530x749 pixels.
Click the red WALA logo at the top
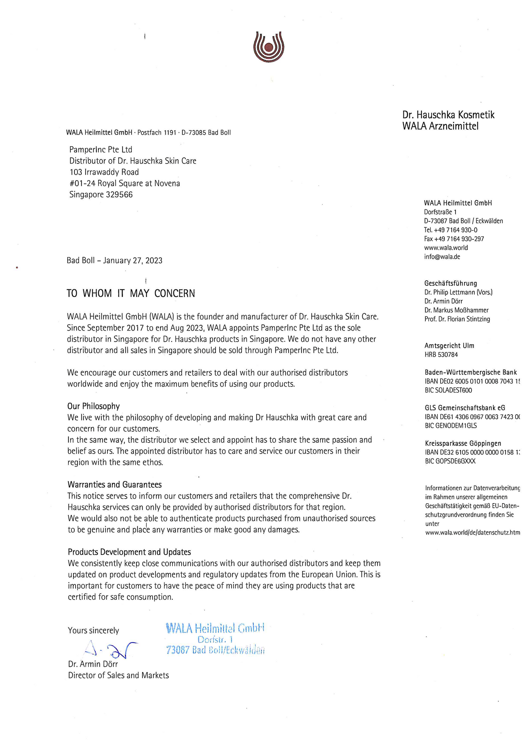269,47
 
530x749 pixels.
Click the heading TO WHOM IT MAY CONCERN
131,293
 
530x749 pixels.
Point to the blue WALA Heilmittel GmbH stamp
215,639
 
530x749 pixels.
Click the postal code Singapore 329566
101,195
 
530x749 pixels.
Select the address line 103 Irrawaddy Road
104,172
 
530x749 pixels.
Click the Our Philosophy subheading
94,406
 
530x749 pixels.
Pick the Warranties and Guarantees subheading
114,485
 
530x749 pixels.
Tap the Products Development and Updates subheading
129,552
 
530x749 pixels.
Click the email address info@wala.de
442,257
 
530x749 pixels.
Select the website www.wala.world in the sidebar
446,248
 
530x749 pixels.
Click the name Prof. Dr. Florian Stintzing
457,319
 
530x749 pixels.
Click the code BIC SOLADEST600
448,390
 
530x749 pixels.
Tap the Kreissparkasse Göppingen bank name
463,443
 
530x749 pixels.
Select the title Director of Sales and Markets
118,675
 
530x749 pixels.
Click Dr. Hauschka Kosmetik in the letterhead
448,115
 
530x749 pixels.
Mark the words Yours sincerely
93,630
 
